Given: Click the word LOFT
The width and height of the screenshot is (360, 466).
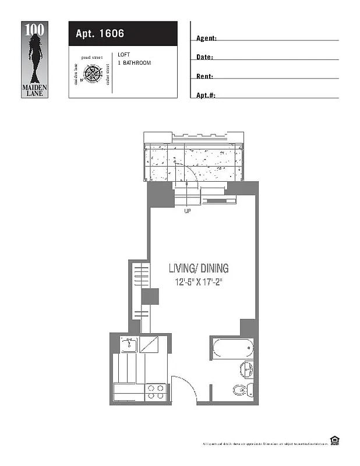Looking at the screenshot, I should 123,55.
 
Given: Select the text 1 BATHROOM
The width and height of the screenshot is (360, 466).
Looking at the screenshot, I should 134,63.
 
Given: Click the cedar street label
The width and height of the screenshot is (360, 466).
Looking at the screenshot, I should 108,74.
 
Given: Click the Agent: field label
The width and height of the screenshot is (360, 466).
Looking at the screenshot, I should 206,38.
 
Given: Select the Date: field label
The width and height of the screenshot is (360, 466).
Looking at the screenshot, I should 204,58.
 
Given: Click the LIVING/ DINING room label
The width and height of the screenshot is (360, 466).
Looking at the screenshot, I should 199,269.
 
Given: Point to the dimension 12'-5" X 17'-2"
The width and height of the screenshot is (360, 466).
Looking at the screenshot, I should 199,283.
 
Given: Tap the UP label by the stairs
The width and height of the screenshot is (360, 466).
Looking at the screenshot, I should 188,211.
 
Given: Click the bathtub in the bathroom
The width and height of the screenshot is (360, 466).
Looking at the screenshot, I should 232,349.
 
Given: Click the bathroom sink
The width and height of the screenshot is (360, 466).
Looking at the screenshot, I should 247,369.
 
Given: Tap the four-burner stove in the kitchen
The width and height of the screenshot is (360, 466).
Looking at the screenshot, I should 156,391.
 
